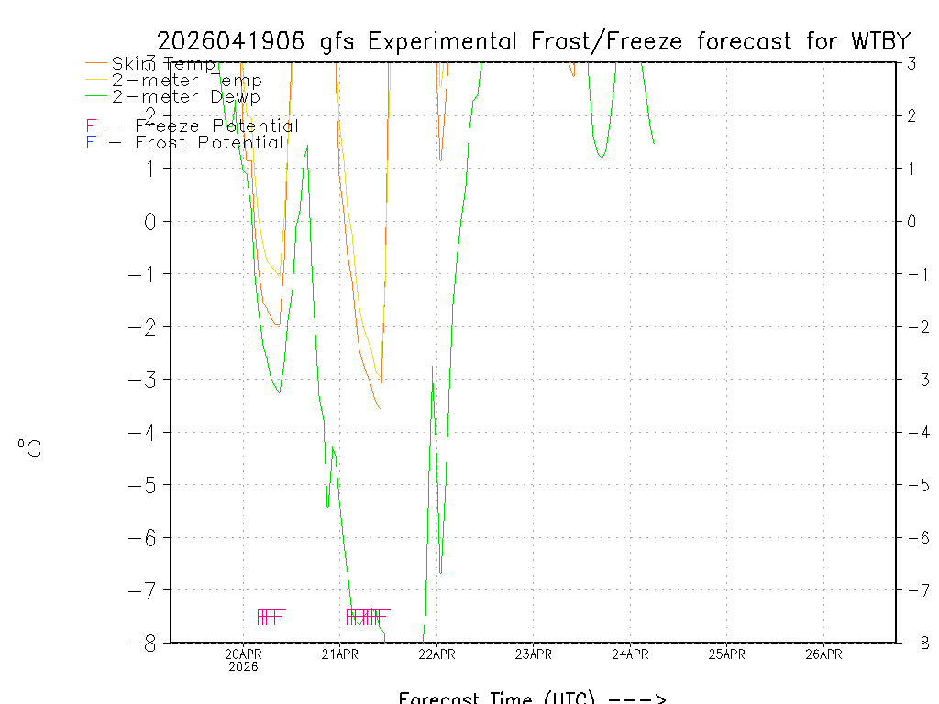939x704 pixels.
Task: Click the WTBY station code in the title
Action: coord(879,42)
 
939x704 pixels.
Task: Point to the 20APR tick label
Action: coord(244,654)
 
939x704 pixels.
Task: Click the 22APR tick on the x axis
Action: coord(436,654)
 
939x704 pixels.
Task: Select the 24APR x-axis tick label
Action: coord(630,654)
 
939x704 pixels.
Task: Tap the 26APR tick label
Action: coord(823,654)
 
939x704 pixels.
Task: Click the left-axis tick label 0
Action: coord(151,221)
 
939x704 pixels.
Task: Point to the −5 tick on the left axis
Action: coord(147,484)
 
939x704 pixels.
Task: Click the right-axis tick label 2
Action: coord(911,115)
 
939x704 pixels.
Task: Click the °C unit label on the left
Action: coord(29,448)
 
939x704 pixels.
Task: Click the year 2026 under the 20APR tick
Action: coord(244,666)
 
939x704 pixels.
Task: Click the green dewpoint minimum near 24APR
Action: coord(602,158)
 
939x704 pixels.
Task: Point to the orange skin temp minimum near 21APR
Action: coord(379,407)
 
